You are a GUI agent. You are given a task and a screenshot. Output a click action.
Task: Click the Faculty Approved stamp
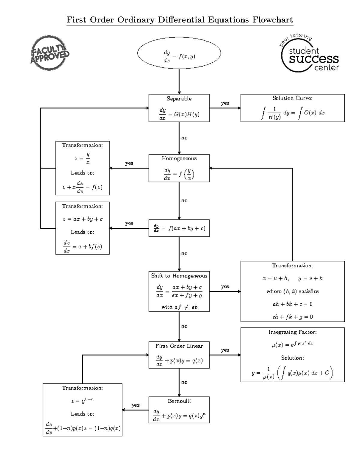(x=49, y=53)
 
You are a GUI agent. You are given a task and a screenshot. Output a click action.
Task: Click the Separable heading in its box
(x=179, y=99)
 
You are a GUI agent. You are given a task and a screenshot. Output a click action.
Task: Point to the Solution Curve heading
(x=292, y=98)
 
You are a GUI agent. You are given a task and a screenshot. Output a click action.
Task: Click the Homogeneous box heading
(x=179, y=158)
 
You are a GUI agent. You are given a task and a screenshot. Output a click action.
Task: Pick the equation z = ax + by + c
(x=82, y=219)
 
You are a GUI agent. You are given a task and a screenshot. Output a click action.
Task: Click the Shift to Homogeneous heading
(x=179, y=276)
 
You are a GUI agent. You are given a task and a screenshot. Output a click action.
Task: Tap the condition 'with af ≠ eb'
(x=179, y=307)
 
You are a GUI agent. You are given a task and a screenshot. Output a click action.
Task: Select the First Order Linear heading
(x=179, y=346)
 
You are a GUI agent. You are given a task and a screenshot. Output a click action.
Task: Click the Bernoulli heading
(x=179, y=401)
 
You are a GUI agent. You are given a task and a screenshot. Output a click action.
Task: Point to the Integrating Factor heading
(x=292, y=332)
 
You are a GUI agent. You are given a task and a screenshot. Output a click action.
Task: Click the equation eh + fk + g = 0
(x=292, y=317)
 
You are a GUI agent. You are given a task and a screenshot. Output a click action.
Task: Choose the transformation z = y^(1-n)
(x=82, y=401)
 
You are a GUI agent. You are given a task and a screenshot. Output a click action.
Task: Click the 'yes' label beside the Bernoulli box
(x=135, y=405)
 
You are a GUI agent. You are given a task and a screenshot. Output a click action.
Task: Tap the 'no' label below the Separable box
(x=184, y=138)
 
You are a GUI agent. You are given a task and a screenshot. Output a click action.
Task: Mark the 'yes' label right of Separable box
(x=225, y=103)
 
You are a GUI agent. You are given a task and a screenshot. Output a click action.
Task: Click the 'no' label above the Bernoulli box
(x=184, y=382)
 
